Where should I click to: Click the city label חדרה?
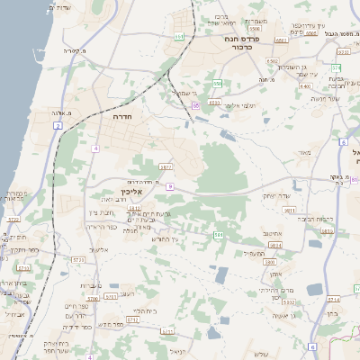[123, 117]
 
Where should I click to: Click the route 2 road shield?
[58, 126]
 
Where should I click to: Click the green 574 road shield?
[336, 67]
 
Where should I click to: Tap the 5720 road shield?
[13, 219]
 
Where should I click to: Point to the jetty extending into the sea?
[47, 13]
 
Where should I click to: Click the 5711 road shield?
[134, 209]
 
